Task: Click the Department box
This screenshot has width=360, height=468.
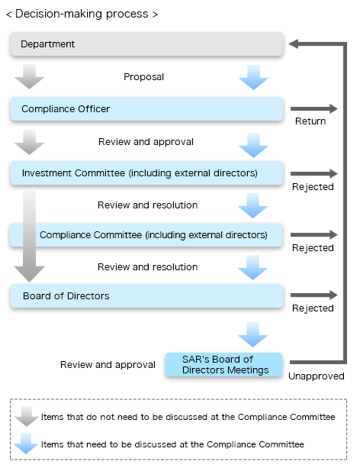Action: tap(146, 44)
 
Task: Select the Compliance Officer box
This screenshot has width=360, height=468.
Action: tap(146, 109)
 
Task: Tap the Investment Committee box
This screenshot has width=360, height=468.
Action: tap(146, 173)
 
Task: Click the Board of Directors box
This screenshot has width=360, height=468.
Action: tap(146, 295)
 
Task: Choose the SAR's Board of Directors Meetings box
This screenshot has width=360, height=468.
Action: tap(224, 364)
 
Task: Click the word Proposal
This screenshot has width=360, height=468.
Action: tap(143, 77)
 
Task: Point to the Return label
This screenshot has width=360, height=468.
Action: tap(310, 121)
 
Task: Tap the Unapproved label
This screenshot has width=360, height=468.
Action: tap(317, 376)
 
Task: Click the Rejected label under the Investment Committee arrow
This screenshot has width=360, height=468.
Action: tap(313, 187)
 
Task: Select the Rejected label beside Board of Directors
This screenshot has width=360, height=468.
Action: tap(313, 308)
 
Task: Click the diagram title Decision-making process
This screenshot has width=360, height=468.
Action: tap(82, 14)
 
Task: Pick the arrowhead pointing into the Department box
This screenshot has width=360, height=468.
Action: tap(294, 44)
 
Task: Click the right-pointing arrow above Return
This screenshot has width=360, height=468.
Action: tap(314, 108)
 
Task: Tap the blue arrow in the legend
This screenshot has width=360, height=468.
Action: tap(26, 444)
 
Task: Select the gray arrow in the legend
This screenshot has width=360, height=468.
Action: tap(27, 416)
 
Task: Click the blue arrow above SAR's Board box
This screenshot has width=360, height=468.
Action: tap(253, 334)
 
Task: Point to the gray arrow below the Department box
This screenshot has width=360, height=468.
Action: tap(29, 76)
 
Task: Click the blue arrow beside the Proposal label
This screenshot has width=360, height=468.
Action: tap(253, 77)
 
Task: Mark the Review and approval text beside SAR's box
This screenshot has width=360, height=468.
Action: tap(108, 365)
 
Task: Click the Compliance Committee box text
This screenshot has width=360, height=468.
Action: tap(153, 235)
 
